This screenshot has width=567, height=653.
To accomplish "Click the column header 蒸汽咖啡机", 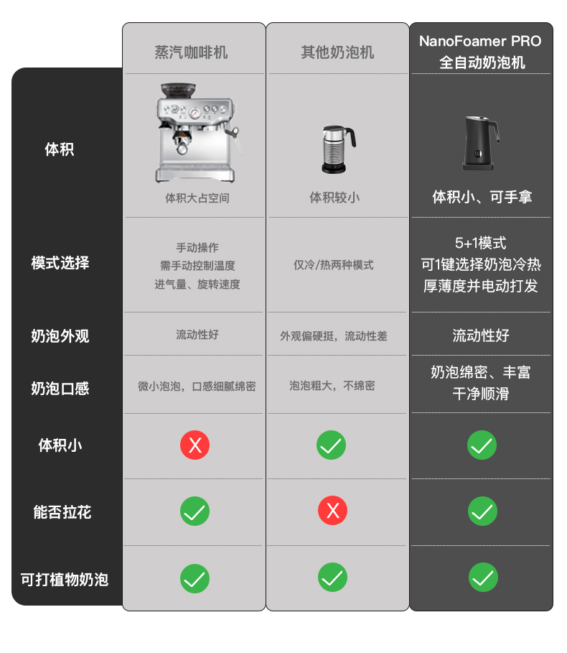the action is (191, 52).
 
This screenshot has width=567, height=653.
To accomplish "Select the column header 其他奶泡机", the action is (337, 52).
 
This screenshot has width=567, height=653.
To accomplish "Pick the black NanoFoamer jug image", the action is (481, 143).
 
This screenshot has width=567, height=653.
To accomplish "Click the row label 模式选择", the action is (60, 263).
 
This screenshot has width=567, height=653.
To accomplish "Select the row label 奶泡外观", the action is (60, 335).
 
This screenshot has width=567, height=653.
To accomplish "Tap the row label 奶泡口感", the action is (60, 388).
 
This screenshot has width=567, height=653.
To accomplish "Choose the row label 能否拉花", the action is (62, 511).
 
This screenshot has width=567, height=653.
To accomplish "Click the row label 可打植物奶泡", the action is (65, 579).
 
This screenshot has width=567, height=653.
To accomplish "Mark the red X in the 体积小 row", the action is (195, 445).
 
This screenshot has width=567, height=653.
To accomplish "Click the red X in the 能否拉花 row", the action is (333, 510).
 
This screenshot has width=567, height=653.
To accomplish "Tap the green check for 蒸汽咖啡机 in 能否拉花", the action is (195, 511).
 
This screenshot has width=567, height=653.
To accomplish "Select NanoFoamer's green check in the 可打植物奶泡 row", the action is (483, 577).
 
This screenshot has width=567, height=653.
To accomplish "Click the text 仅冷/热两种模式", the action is (334, 265).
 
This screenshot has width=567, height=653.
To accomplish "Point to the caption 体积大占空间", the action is (197, 198).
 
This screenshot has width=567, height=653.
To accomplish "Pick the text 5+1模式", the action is (480, 243).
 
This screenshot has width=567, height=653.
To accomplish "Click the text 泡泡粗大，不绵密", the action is (332, 386).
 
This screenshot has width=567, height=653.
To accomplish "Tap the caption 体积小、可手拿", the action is (482, 197).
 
